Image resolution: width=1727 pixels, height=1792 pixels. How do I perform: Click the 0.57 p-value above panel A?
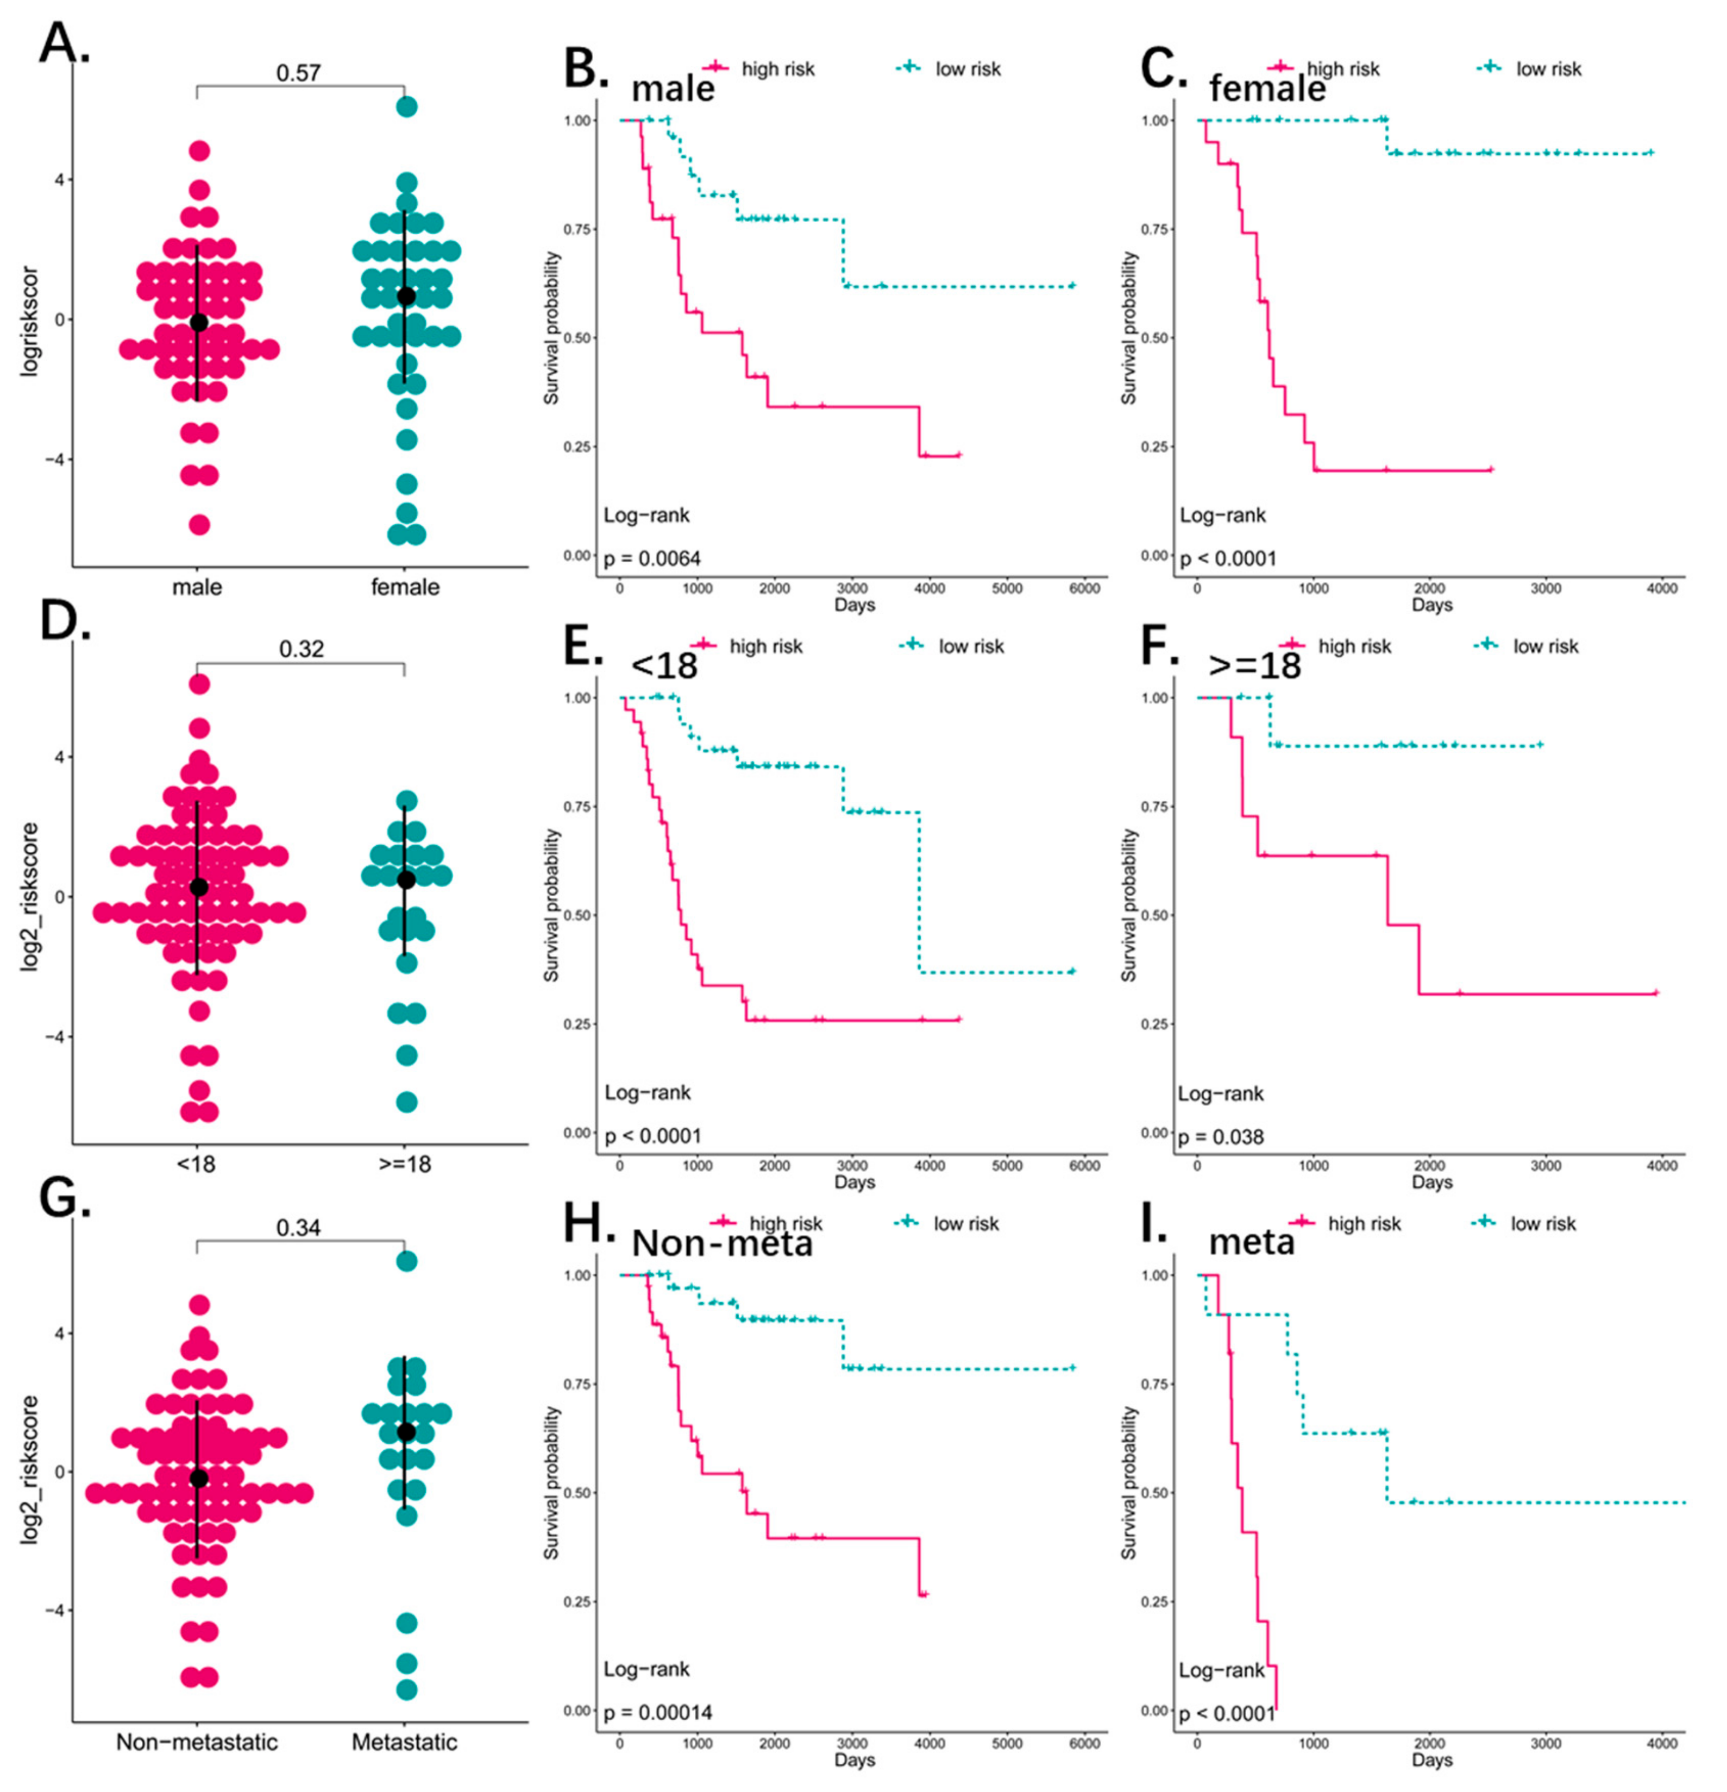tap(298, 72)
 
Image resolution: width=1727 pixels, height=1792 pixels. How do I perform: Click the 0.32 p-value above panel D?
tap(301, 649)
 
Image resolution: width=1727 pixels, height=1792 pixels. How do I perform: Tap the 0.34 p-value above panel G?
tap(298, 1227)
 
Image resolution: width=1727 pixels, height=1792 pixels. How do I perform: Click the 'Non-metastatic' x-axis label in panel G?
tap(197, 1741)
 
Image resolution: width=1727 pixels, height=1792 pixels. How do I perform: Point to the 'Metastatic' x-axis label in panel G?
tap(405, 1741)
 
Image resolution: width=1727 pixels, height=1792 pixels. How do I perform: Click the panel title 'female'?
tap(1266, 89)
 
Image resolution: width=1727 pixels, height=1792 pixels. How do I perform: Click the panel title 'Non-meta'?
tap(722, 1243)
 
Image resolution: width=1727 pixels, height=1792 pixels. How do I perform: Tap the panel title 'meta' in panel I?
tap(1252, 1242)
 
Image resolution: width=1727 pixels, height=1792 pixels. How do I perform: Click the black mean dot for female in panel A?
tap(406, 296)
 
